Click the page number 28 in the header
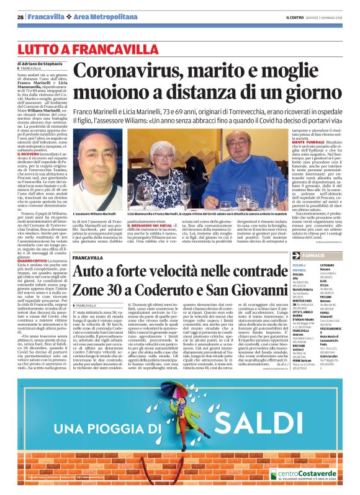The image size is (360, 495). pyautogui.click(x=20, y=17)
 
